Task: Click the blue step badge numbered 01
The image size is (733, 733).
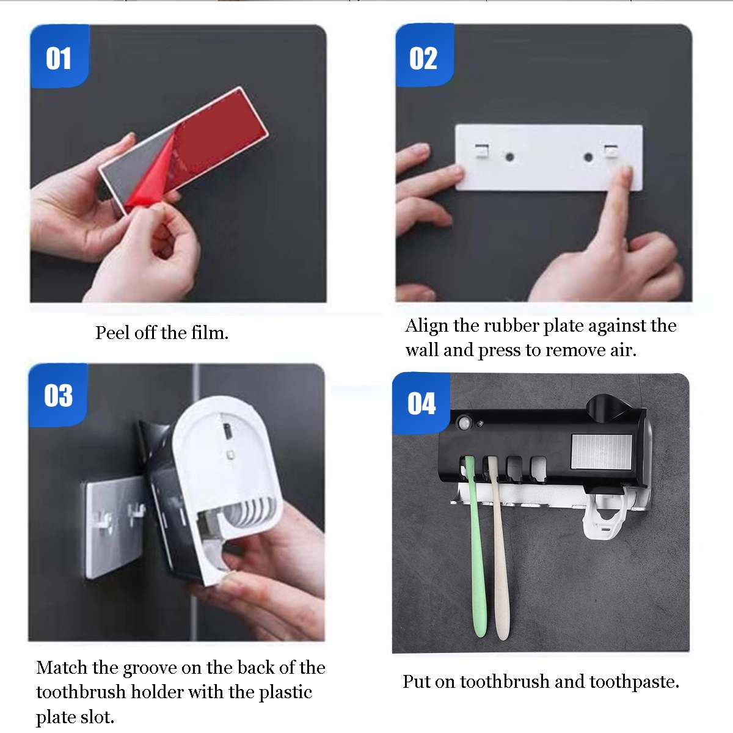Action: click(59, 56)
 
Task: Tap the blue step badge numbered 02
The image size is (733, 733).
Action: click(425, 56)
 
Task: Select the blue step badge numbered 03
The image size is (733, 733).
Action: click(58, 395)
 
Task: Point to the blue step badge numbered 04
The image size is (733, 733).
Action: click(421, 403)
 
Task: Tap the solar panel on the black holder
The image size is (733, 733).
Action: click(601, 452)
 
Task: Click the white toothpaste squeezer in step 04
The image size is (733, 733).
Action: click(607, 516)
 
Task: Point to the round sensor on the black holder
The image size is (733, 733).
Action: click(464, 423)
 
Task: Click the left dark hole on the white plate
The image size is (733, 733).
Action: click(509, 157)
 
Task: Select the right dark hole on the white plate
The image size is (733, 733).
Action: click(588, 157)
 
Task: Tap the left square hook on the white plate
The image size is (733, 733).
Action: click(482, 151)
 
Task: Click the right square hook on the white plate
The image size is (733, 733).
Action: click(611, 151)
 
